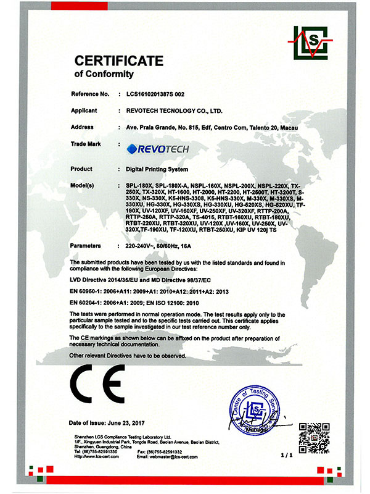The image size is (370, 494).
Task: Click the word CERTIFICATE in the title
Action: pyautogui.click(x=118, y=61)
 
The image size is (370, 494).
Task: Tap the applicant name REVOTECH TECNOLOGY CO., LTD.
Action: pyautogui.click(x=170, y=111)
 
